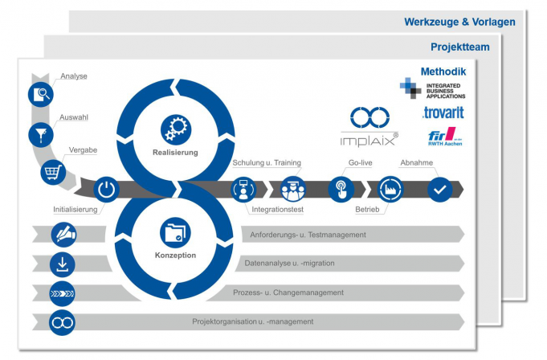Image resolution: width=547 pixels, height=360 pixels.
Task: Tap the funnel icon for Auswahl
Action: (x=41, y=133)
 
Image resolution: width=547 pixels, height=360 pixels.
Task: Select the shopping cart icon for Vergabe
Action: (x=54, y=171)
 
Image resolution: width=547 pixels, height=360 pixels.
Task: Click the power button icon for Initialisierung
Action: (x=107, y=190)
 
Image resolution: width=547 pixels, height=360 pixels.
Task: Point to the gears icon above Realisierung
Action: (x=174, y=129)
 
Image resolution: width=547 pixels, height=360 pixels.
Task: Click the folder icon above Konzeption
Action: (x=174, y=233)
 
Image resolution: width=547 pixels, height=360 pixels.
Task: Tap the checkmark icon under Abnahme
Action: (x=439, y=190)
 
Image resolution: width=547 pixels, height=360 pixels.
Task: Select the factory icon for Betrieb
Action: (x=391, y=190)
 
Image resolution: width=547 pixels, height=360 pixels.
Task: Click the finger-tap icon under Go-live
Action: (x=341, y=190)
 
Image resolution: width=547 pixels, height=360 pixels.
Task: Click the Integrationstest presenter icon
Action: (x=243, y=190)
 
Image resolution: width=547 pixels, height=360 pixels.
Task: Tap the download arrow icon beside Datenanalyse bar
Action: (x=63, y=264)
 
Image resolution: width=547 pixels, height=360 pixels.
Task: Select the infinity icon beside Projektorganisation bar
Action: (x=63, y=322)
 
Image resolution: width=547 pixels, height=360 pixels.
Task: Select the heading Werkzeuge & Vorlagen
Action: (x=459, y=22)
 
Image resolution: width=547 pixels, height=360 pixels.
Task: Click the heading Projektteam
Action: (x=459, y=47)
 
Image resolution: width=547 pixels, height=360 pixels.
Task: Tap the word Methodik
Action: (x=443, y=72)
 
